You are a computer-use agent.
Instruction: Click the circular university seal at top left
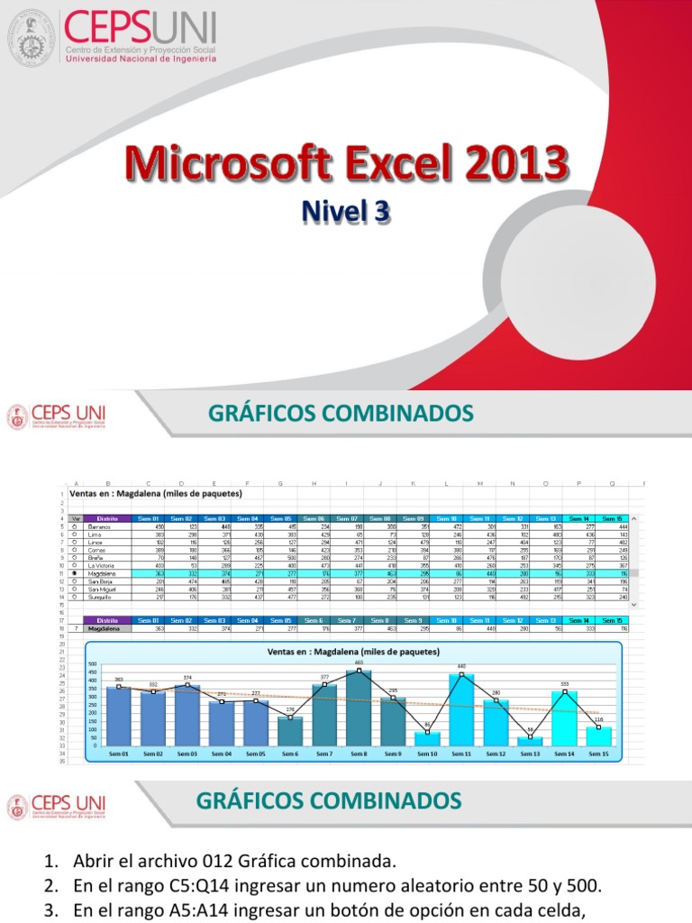[32, 37]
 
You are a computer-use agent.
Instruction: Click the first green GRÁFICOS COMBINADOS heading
[341, 413]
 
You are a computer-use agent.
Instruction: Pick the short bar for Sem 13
[530, 741]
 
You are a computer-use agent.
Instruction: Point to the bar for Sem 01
[118, 716]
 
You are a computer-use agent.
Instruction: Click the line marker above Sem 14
[564, 691]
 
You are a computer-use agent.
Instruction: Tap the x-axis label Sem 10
[427, 753]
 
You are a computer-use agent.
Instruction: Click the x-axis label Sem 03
[187, 753]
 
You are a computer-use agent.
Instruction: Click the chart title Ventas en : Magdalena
[353, 651]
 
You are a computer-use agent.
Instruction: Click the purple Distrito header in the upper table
[108, 518]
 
